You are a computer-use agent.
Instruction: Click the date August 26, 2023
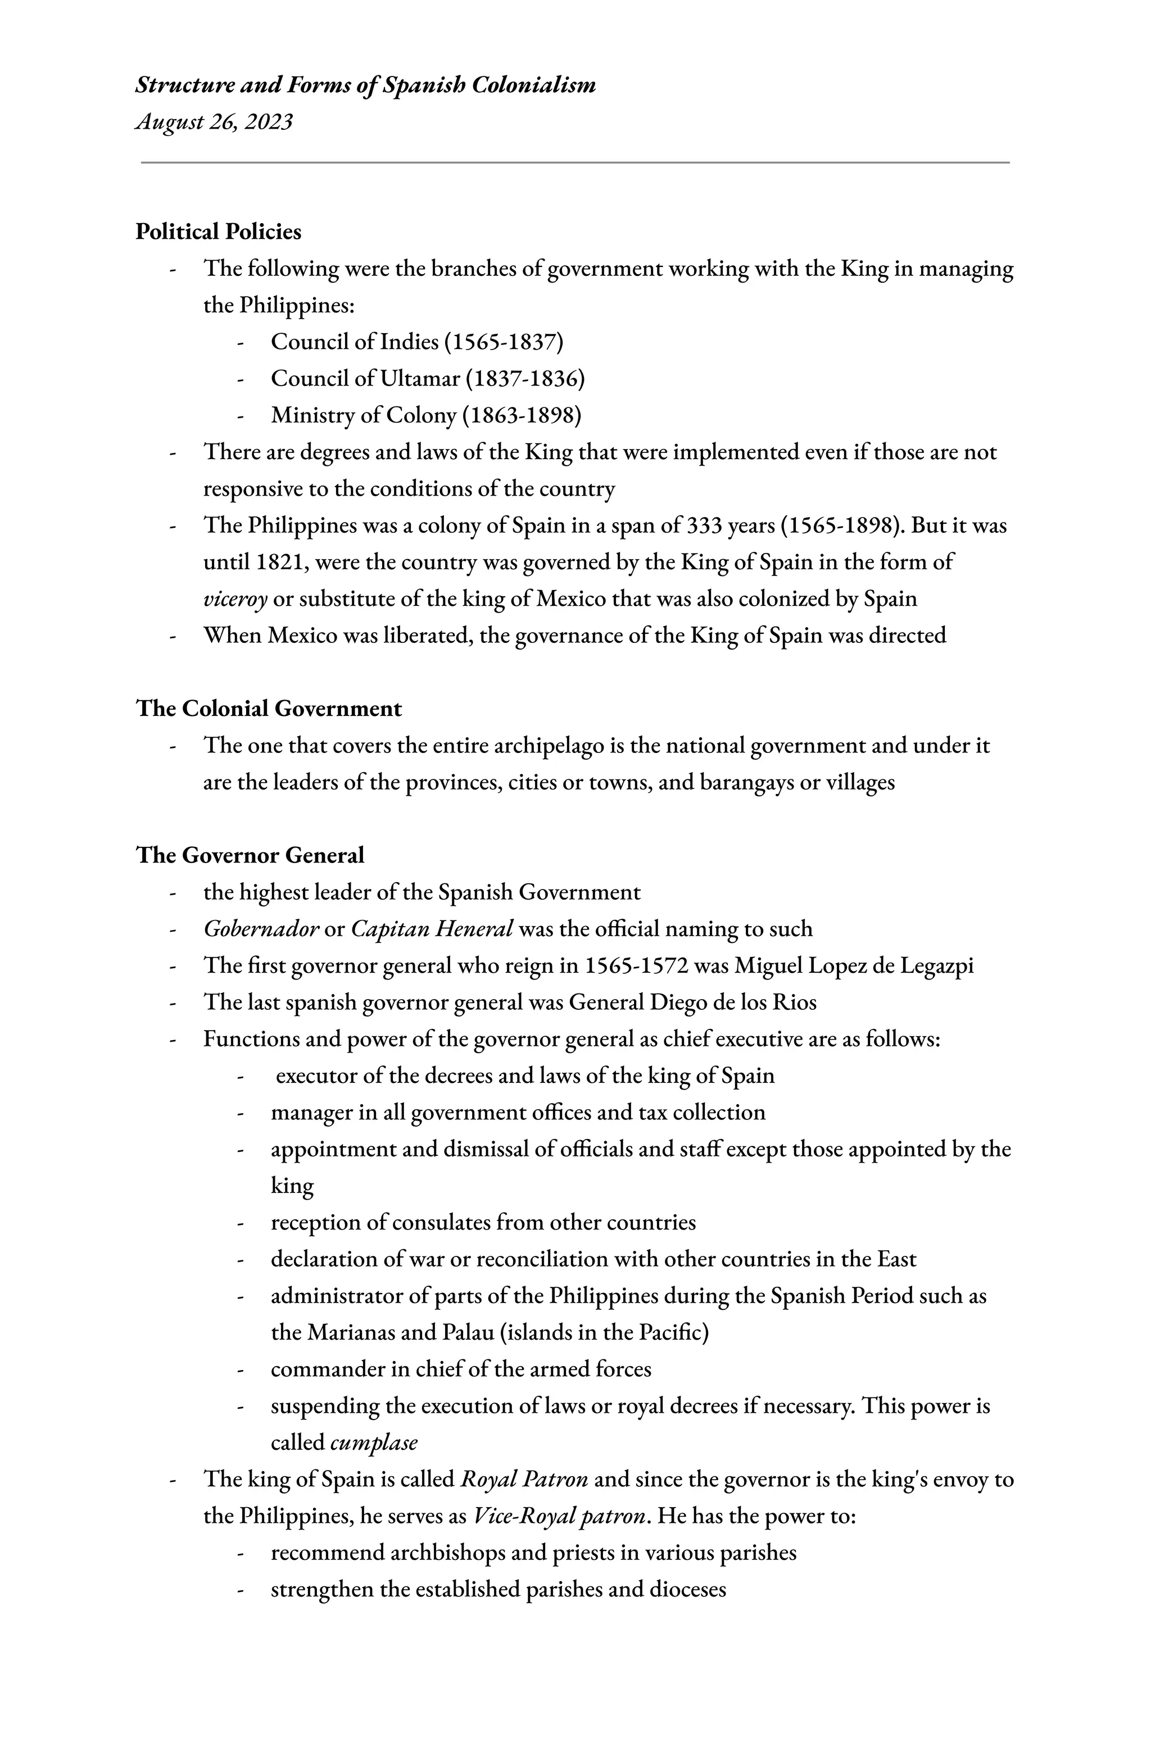[214, 121]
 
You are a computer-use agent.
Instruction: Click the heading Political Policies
[218, 232]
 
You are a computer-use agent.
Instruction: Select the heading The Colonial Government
[269, 709]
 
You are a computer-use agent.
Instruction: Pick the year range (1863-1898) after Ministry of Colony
[522, 416]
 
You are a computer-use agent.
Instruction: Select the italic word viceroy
[234, 599]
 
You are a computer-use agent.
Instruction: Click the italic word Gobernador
[260, 929]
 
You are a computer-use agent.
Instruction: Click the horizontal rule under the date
[575, 162]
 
